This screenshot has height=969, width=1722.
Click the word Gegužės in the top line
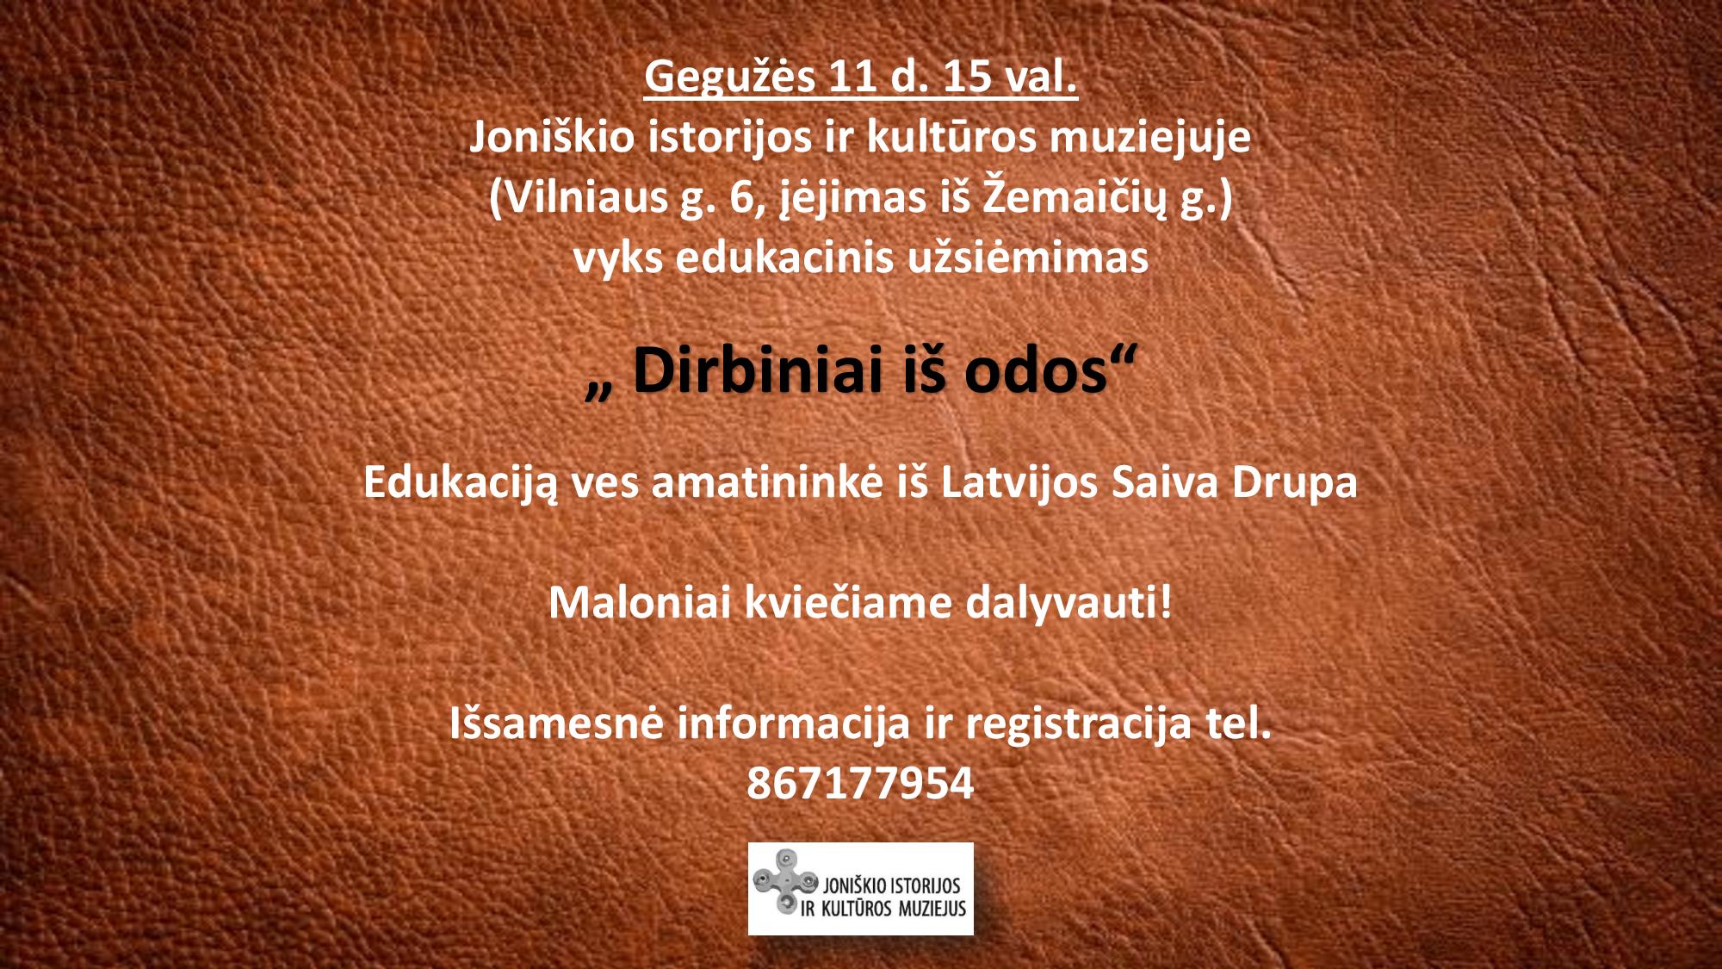click(x=729, y=78)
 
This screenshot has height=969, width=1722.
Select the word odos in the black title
click(x=1035, y=372)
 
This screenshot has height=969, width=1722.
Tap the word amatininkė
click(x=767, y=482)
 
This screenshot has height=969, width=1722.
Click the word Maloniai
click(x=640, y=602)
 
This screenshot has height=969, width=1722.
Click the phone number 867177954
click(x=860, y=783)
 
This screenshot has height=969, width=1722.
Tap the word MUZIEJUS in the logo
click(x=932, y=909)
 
